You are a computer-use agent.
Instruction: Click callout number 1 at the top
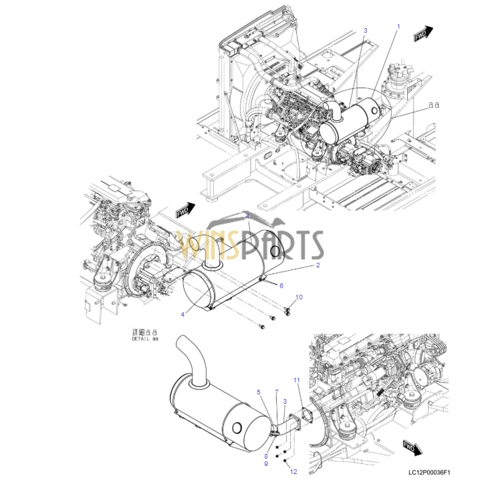click(x=398, y=26)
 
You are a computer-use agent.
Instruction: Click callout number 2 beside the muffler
click(x=318, y=265)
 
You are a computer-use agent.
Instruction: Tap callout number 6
click(x=281, y=285)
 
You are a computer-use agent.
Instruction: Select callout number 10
click(x=299, y=296)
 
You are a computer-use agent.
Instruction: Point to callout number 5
click(x=259, y=392)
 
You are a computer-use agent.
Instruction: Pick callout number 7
click(x=276, y=392)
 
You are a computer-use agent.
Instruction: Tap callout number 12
click(x=292, y=472)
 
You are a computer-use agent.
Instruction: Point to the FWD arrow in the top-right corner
click(x=422, y=34)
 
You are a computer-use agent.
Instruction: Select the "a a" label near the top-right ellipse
click(x=434, y=105)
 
